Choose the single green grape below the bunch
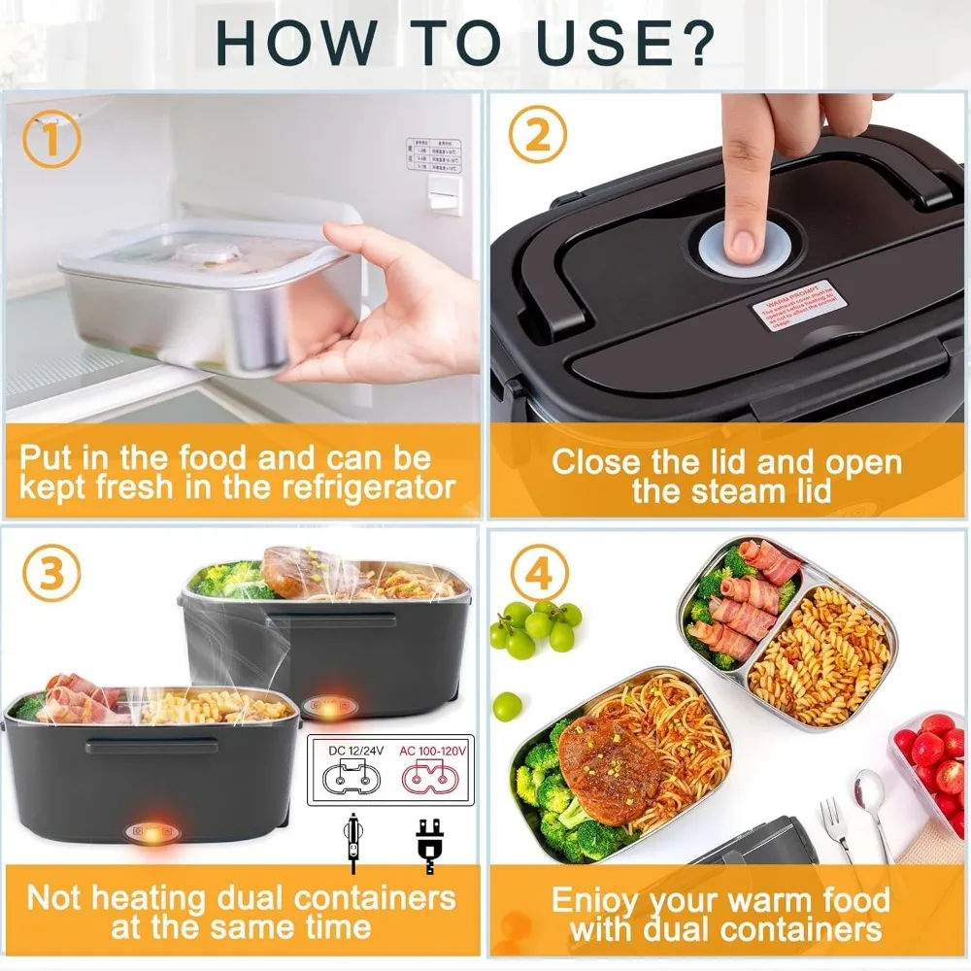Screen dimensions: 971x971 pos(506,706)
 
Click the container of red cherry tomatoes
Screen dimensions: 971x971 pos(932,757)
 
